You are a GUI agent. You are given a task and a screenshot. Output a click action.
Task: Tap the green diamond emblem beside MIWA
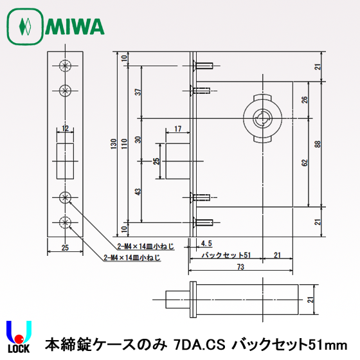click(26, 27)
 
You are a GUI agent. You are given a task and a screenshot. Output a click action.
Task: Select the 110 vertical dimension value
click(125, 145)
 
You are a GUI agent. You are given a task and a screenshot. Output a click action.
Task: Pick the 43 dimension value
click(137, 192)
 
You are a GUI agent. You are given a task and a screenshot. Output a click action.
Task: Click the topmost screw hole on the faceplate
click(64, 66)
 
